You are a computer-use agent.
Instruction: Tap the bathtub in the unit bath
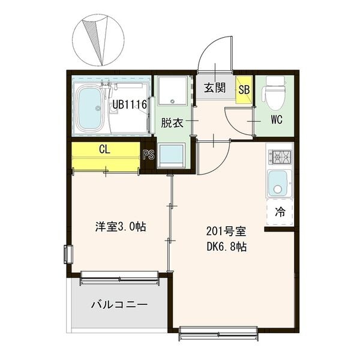[x=91, y=108]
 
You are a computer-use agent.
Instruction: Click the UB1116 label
[x=129, y=104]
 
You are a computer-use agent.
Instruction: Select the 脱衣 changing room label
[x=171, y=124]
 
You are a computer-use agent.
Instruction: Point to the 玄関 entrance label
[x=214, y=88]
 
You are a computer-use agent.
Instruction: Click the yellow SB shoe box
[x=244, y=91]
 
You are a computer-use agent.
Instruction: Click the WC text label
[x=276, y=119]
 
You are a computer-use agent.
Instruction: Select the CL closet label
[x=104, y=151]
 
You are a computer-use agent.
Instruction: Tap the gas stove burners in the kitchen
[x=280, y=157]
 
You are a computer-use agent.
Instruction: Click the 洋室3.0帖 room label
[x=120, y=227]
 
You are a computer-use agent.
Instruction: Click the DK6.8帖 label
[x=225, y=246]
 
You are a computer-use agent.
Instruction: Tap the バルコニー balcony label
[x=119, y=304]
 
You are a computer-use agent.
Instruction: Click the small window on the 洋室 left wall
[x=68, y=254]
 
